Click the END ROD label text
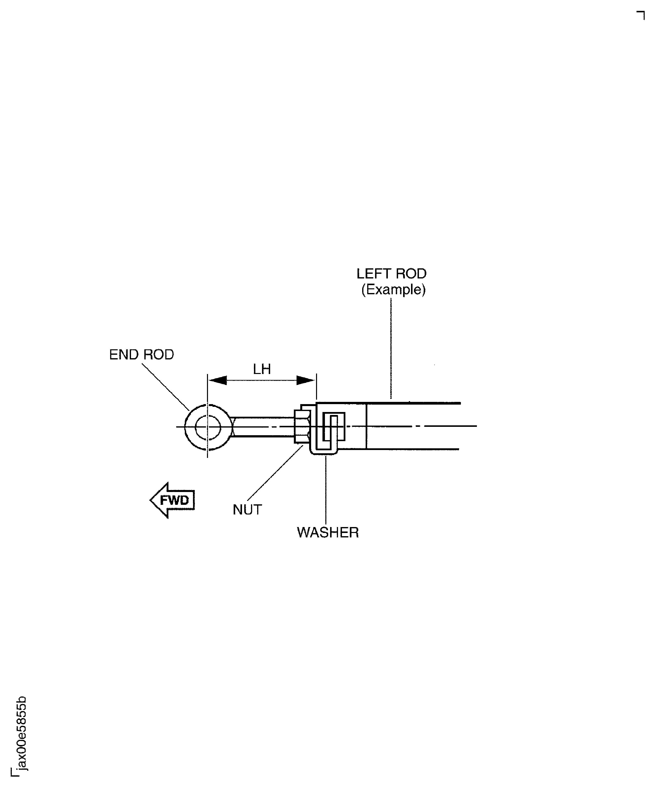141,354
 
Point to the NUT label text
247,510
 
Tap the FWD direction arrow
172,500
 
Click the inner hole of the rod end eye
208,427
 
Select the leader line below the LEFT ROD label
391,348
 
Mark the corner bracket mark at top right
640,15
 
